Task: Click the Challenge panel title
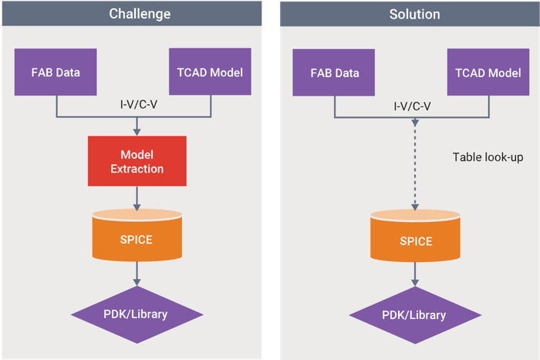(136, 13)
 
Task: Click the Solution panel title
(415, 13)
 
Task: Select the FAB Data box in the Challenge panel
(56, 73)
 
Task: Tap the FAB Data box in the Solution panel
(334, 73)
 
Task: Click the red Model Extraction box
(137, 161)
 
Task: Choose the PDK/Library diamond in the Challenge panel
(137, 314)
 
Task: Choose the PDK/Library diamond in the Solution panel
(415, 315)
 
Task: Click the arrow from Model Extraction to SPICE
(137, 198)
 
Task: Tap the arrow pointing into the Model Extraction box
(137, 126)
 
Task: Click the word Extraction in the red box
(137, 169)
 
